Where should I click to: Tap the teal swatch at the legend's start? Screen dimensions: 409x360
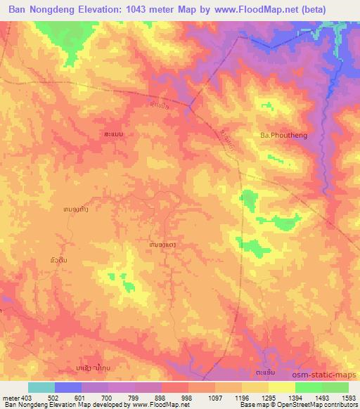point(41,387)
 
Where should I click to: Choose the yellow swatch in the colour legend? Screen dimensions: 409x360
point(282,387)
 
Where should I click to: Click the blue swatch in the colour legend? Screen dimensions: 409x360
point(68,387)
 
